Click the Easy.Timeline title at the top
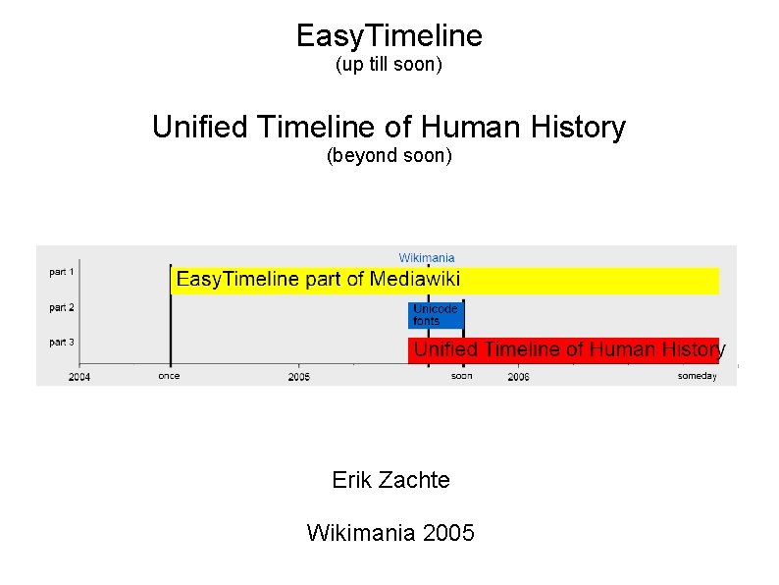click(389, 36)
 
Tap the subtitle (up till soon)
click(389, 66)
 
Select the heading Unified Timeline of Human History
click(389, 128)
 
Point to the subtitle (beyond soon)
click(389, 156)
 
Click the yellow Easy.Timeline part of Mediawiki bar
click(444, 280)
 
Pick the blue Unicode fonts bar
click(435, 315)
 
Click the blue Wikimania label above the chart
click(427, 258)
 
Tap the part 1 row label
click(62, 271)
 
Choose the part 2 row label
click(62, 307)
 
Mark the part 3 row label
click(62, 343)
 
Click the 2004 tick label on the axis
click(79, 377)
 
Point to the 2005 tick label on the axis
click(299, 377)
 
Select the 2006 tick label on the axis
click(518, 377)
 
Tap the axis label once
click(169, 376)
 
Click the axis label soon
click(462, 376)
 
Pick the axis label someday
click(698, 376)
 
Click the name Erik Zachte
click(391, 480)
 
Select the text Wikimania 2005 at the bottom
click(390, 533)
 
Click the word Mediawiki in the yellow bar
click(415, 280)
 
